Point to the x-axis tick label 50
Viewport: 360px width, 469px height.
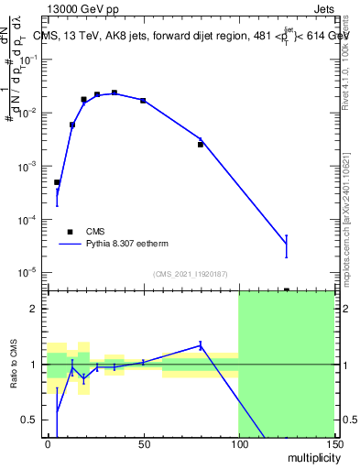click(x=143, y=444)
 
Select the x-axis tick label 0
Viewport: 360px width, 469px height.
click(x=48, y=444)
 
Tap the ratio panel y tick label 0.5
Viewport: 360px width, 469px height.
click(x=31, y=420)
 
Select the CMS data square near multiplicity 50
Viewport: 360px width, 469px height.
click(x=143, y=100)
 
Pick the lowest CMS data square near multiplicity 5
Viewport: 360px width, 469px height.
click(x=57, y=182)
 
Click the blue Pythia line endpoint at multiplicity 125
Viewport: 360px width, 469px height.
click(x=286, y=244)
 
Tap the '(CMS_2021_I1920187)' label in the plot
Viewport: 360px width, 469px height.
click(x=190, y=273)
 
